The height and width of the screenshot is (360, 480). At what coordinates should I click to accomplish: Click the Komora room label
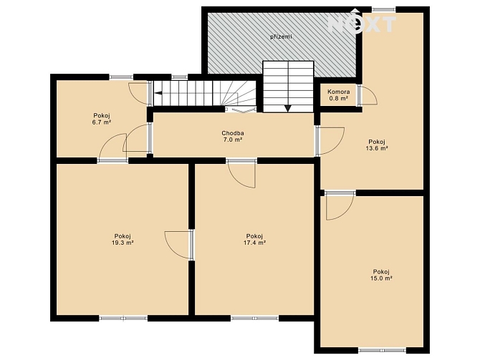[x=339, y=92]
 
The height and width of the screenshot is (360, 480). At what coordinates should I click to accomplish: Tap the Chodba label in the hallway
[x=233, y=133]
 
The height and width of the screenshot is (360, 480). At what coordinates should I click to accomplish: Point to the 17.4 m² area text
[x=254, y=243]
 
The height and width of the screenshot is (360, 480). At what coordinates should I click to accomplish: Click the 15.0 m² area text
[x=381, y=278]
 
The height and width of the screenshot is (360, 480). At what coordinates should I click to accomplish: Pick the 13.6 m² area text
[x=377, y=148]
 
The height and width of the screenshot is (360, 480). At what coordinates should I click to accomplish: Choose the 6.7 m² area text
[x=102, y=122]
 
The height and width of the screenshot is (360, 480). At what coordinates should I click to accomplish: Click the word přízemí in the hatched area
[x=281, y=37]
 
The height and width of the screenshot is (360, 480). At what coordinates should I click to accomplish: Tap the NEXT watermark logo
[x=362, y=22]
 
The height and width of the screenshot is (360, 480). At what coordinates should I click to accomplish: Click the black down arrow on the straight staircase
[x=288, y=108]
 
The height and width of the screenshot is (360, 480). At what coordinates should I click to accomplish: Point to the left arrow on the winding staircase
[x=158, y=93]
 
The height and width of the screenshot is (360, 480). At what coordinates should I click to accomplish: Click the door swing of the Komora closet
[x=368, y=95]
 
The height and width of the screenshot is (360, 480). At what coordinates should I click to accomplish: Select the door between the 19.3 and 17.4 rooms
[x=179, y=245]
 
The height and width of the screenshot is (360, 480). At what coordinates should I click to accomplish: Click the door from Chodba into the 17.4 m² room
[x=242, y=173]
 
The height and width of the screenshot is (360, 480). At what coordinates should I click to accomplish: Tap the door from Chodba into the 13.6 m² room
[x=330, y=141]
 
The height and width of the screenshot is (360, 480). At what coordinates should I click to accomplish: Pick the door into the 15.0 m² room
[x=340, y=205]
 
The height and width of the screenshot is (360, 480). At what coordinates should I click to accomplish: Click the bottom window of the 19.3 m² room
[x=123, y=318]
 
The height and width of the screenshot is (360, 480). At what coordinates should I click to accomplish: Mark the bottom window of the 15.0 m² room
[x=382, y=350]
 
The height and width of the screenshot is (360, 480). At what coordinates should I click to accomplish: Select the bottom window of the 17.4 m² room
[x=255, y=318]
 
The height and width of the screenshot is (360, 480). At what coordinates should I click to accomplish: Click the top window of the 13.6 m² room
[x=383, y=9]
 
